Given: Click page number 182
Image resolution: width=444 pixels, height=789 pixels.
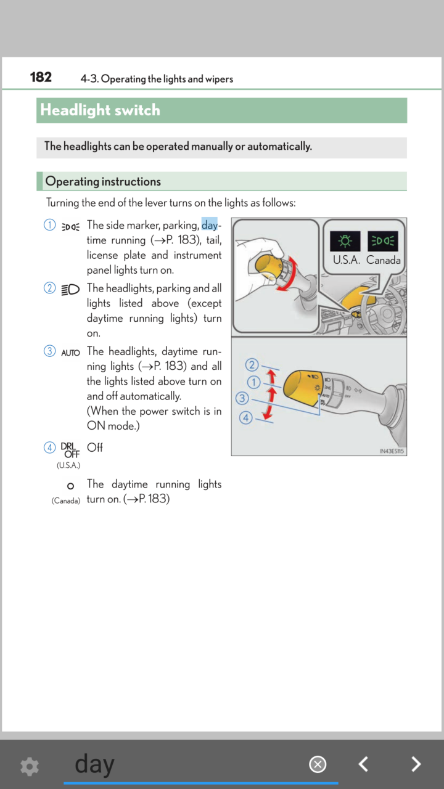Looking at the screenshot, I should [x=41, y=77].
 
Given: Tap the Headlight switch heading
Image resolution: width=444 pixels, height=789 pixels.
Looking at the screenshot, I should [x=100, y=110].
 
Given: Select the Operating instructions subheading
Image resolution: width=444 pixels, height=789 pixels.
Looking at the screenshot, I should [x=103, y=181].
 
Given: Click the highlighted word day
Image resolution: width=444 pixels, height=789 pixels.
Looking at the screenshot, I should [x=210, y=225].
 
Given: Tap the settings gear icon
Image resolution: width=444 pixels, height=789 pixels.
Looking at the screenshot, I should [x=30, y=766].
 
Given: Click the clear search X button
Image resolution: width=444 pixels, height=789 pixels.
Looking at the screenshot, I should [x=318, y=765].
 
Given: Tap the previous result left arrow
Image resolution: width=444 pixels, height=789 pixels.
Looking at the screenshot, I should [x=364, y=764].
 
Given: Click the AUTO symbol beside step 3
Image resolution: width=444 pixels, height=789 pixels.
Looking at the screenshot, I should [x=70, y=353].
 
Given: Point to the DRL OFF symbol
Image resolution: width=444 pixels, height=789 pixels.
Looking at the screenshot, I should [x=70, y=450].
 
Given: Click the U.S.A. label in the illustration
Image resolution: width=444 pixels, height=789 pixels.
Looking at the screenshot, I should [x=347, y=260].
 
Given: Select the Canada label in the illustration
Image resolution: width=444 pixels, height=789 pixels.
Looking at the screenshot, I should [x=384, y=260].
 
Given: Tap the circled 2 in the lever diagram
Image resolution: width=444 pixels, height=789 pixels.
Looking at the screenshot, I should [x=252, y=365].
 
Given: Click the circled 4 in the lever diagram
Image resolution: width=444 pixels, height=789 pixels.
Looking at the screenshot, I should [x=245, y=418].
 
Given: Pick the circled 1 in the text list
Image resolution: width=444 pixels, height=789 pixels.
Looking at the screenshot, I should [x=50, y=225].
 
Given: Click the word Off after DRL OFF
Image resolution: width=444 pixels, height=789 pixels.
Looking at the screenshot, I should [x=95, y=448].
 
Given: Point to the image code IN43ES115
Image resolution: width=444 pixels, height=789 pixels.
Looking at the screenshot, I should [x=392, y=451].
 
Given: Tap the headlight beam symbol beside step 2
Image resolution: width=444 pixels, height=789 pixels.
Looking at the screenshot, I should [x=70, y=289].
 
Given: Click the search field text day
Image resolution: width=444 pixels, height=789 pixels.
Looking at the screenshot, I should [x=94, y=764].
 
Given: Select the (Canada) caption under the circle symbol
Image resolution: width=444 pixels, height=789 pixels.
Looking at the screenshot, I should [x=66, y=501].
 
